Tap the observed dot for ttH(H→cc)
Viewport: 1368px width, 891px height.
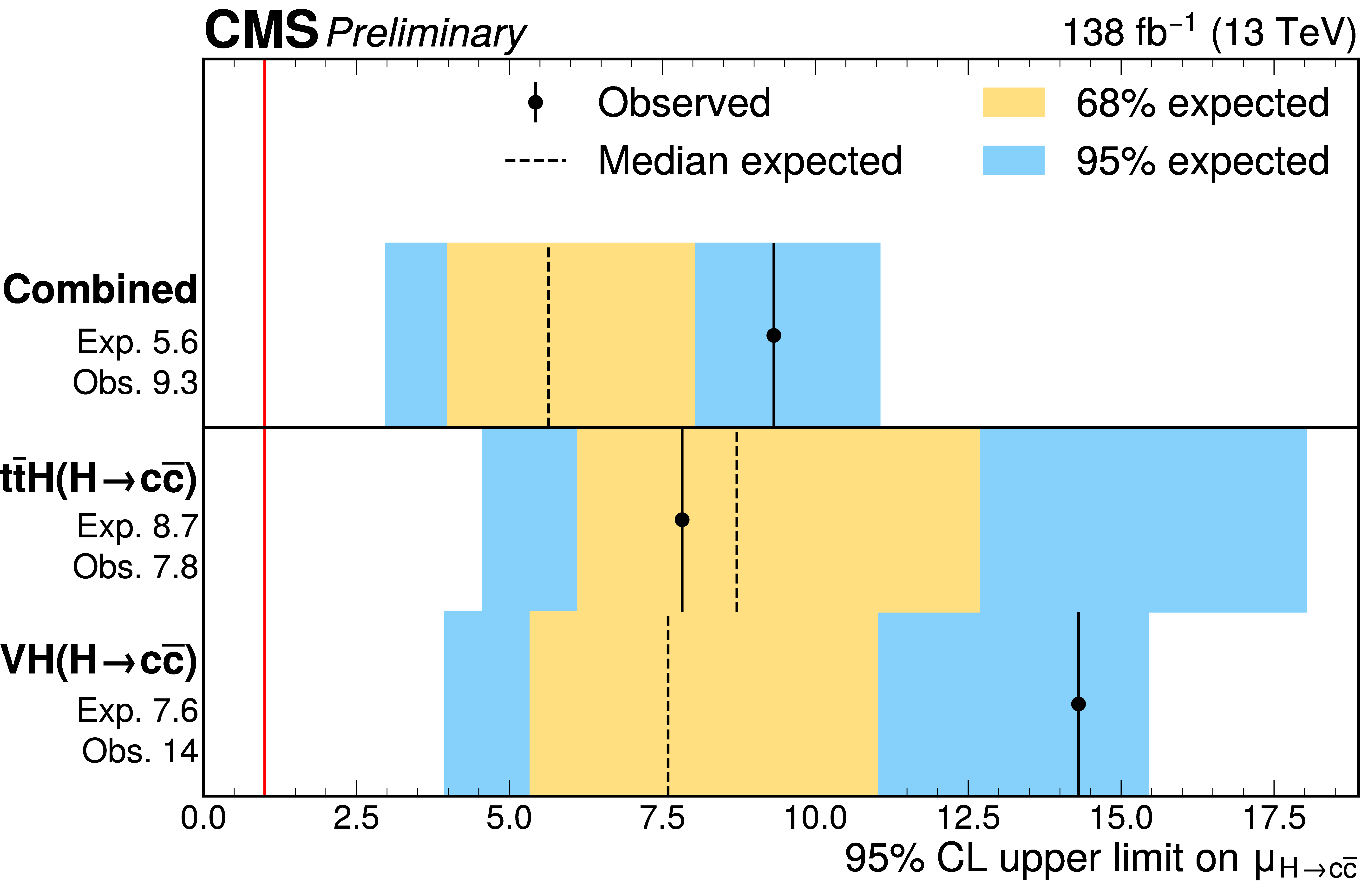pyautogui.click(x=682, y=520)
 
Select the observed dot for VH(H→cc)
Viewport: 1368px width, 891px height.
pyautogui.click(x=1078, y=704)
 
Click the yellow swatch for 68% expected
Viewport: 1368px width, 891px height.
pyautogui.click(x=1013, y=102)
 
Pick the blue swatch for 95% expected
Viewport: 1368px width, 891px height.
pyautogui.click(x=1013, y=160)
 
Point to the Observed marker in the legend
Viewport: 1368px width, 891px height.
pyautogui.click(x=535, y=102)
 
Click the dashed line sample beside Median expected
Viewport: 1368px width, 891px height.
pyautogui.click(x=535, y=160)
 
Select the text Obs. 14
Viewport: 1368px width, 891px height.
pyautogui.click(x=140, y=751)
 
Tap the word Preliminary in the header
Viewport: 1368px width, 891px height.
pyautogui.click(x=425, y=33)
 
